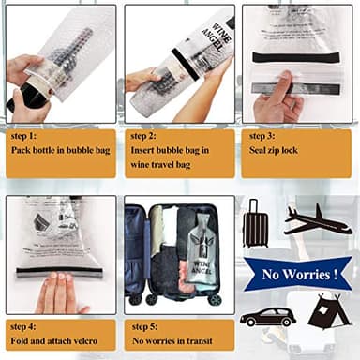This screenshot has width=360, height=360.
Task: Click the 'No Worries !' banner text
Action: [x=300, y=275]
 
